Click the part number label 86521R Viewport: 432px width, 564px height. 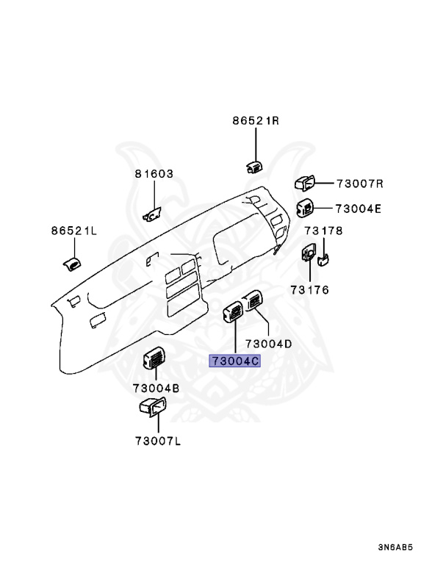256,120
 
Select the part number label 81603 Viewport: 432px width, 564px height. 154,174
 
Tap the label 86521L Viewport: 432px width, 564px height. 74,231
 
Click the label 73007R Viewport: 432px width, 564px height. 360,184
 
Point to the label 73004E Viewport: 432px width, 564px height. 359,209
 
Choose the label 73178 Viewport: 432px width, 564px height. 324,231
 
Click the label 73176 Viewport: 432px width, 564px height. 310,289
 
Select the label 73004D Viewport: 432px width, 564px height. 269,344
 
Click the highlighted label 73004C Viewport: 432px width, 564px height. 234,361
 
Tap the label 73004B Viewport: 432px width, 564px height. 156,388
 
